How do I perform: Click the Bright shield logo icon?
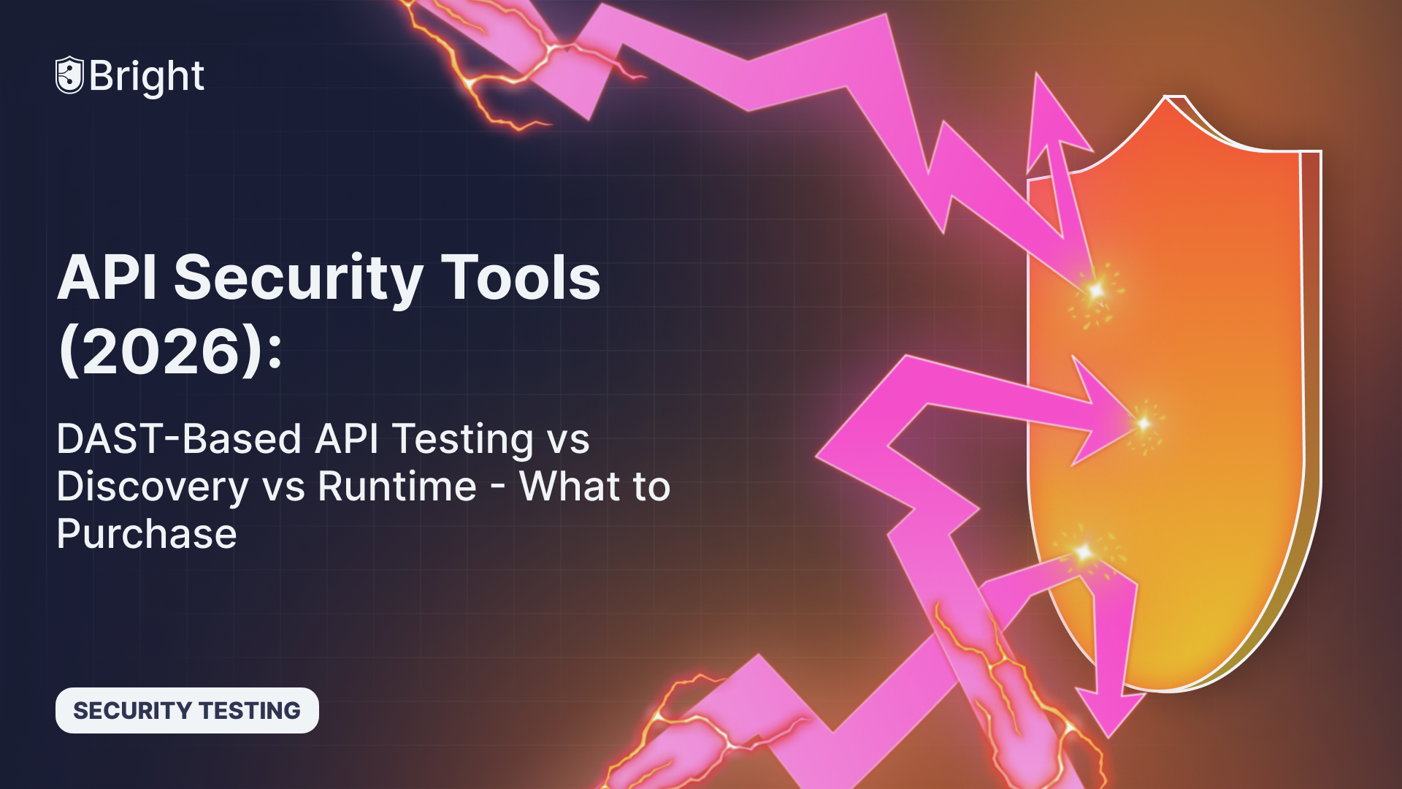pyautogui.click(x=69, y=75)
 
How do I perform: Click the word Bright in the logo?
pyautogui.click(x=147, y=76)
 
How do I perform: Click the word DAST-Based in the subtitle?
pyautogui.click(x=179, y=439)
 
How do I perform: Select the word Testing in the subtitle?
pyautogui.click(x=463, y=439)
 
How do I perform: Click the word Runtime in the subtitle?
pyautogui.click(x=397, y=487)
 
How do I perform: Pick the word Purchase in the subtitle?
pyautogui.click(x=147, y=534)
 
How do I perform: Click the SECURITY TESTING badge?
pyautogui.click(x=187, y=710)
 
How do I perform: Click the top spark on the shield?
pyautogui.click(x=1095, y=291)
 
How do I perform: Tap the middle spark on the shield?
pyautogui.click(x=1144, y=423)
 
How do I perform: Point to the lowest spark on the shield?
pyautogui.click(x=1084, y=552)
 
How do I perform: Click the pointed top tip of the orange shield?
pyautogui.click(x=1167, y=97)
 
